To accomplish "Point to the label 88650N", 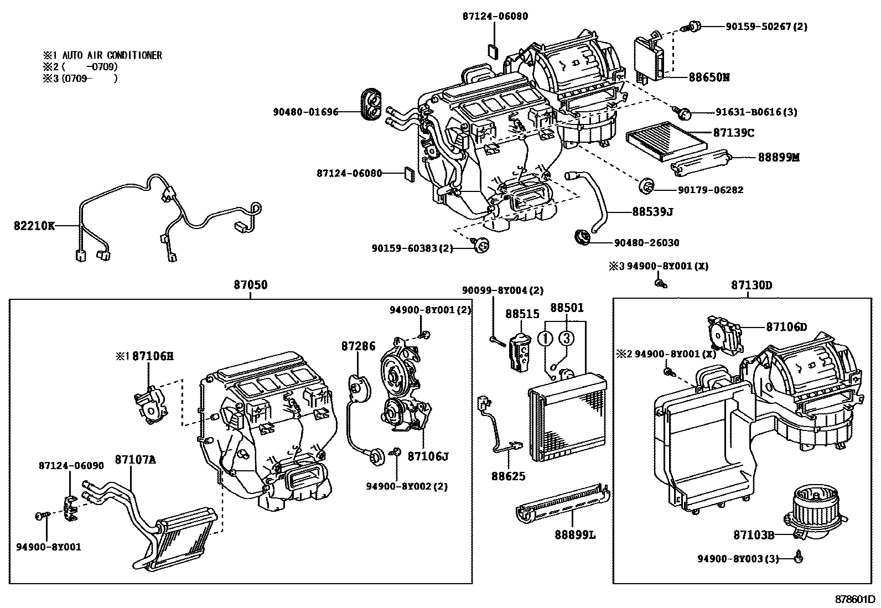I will [x=709, y=77].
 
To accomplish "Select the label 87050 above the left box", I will [x=250, y=285].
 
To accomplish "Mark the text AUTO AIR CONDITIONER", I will [x=112, y=55].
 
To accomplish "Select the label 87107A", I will [x=135, y=459].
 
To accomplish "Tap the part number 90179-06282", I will [x=711, y=190].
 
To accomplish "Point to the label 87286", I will [x=358, y=346].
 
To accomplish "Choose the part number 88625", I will [x=508, y=476].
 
